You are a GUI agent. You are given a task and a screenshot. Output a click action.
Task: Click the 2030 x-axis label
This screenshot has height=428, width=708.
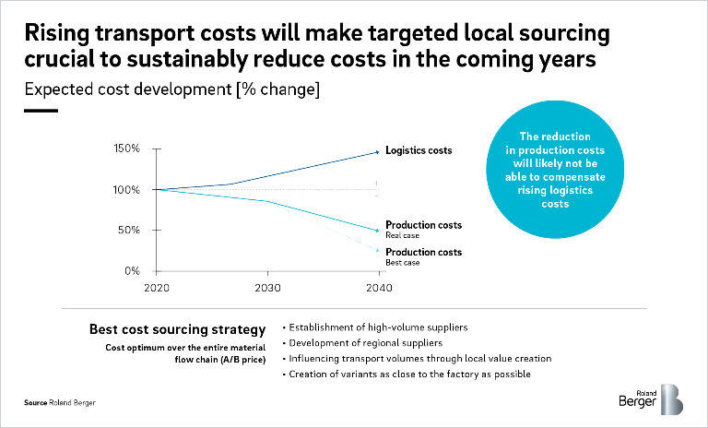tap(268, 288)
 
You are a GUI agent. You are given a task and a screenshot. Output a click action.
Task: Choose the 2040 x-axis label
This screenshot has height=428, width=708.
tap(377, 288)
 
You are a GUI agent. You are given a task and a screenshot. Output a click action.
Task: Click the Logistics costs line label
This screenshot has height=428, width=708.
tap(418, 150)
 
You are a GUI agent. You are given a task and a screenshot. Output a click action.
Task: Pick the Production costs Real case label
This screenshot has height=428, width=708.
tap(423, 229)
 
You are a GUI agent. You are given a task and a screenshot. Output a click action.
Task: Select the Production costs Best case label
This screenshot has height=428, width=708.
tap(423, 256)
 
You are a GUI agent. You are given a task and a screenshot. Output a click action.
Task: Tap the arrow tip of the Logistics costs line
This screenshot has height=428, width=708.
tap(377, 151)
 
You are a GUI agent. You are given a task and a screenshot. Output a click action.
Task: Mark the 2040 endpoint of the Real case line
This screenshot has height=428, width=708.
tap(377, 231)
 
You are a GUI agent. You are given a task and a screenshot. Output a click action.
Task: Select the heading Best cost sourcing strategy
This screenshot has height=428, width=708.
tap(177, 328)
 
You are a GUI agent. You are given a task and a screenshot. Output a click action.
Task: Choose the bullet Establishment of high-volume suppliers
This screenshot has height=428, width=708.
tap(377, 328)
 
